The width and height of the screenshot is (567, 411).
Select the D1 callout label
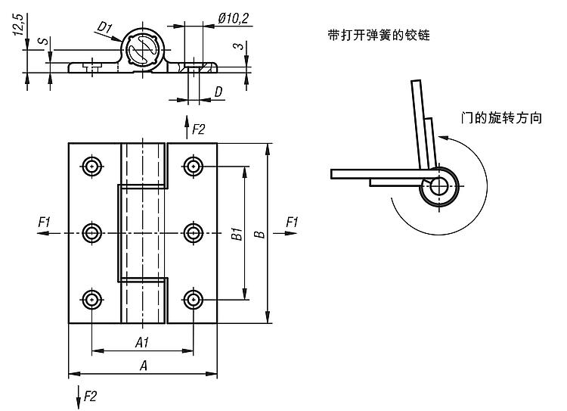pos(105,29)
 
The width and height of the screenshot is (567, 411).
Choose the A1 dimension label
pos(142,343)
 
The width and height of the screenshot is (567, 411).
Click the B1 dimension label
pos(236,234)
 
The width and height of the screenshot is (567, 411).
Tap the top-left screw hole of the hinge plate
pos(92,167)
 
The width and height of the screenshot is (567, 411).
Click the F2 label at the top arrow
pos(199,129)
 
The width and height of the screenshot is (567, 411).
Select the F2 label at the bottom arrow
pos(90,395)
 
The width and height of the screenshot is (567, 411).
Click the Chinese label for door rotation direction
pos(501,119)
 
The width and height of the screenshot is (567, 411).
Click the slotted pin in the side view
pos(141,51)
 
